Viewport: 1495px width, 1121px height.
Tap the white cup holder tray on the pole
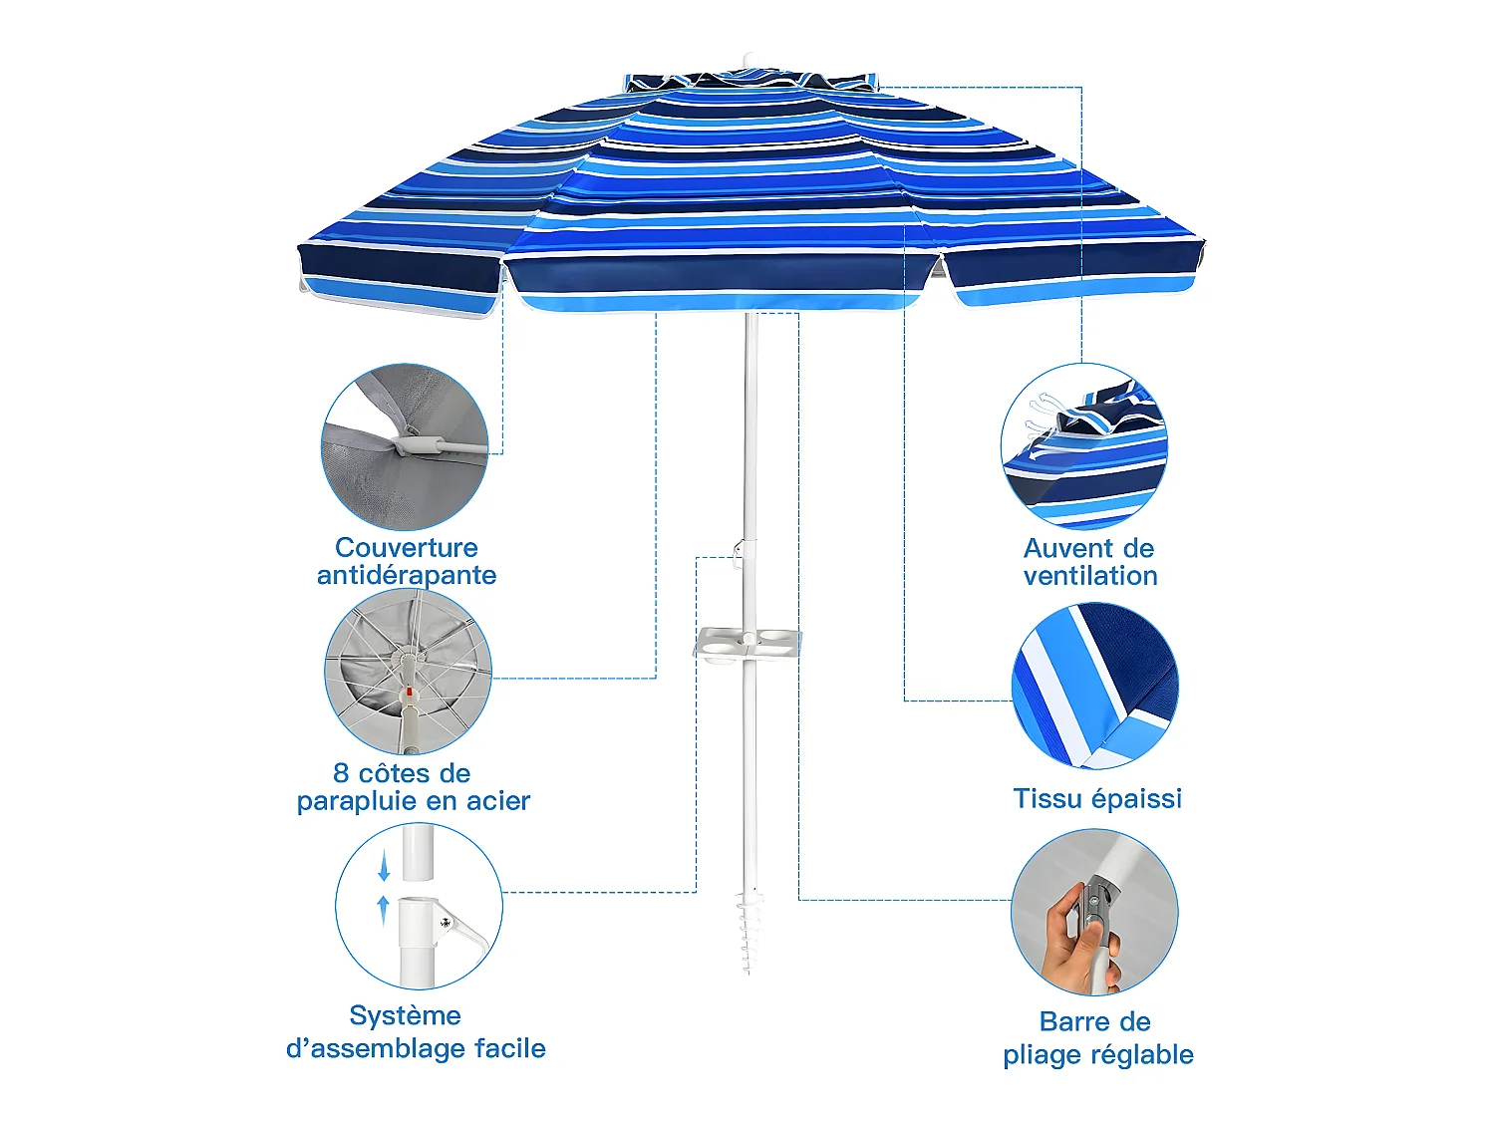(747, 644)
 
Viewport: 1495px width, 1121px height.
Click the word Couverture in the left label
(407, 548)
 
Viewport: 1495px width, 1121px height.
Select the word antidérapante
(407, 575)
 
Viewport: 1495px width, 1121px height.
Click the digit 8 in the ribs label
(341, 774)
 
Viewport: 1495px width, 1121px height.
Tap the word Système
(405, 1016)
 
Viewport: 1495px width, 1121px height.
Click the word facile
(509, 1048)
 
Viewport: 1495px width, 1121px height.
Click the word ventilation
(1090, 576)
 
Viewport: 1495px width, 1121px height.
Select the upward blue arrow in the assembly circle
(384, 909)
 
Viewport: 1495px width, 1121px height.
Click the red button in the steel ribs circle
(409, 690)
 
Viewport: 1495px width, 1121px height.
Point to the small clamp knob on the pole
(739, 549)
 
